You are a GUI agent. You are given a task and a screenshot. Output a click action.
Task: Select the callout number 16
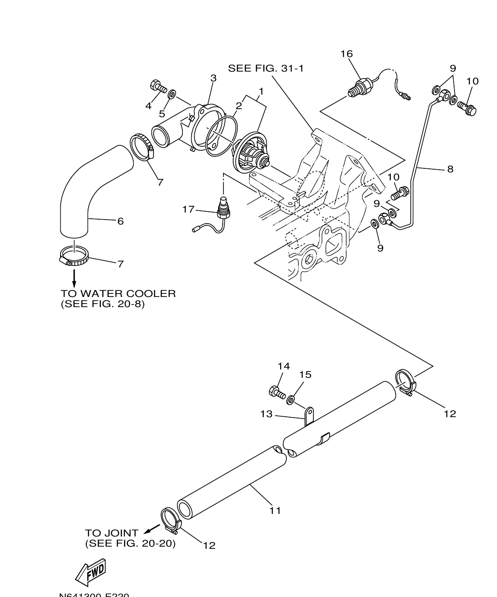tap(347, 54)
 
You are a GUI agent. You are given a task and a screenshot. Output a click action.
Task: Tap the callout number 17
tap(189, 209)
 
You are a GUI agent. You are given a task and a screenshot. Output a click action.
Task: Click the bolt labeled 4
tap(158, 86)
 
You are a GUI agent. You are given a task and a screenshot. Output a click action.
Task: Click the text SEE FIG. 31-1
tap(266, 68)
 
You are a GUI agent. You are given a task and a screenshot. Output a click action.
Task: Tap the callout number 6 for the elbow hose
tap(120, 221)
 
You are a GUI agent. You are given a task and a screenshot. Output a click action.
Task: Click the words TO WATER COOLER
tap(118, 293)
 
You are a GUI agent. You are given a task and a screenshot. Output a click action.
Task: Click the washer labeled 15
tap(291, 400)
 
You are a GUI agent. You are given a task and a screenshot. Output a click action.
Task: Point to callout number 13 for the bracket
tap(266, 414)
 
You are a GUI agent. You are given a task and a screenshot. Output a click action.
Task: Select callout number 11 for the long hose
tap(275, 510)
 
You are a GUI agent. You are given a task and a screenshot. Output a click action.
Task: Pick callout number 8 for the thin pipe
tap(450, 169)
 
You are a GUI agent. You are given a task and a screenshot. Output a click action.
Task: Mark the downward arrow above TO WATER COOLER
tap(74, 278)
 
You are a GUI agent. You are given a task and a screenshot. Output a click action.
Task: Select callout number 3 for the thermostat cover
tap(213, 78)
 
